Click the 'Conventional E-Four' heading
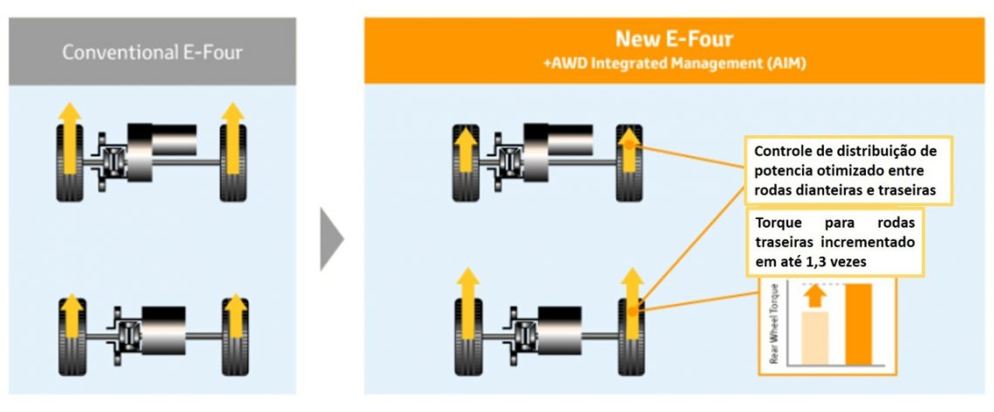(152, 52)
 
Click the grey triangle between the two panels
(331, 238)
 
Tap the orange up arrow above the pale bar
(814, 296)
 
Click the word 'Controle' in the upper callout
(784, 149)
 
